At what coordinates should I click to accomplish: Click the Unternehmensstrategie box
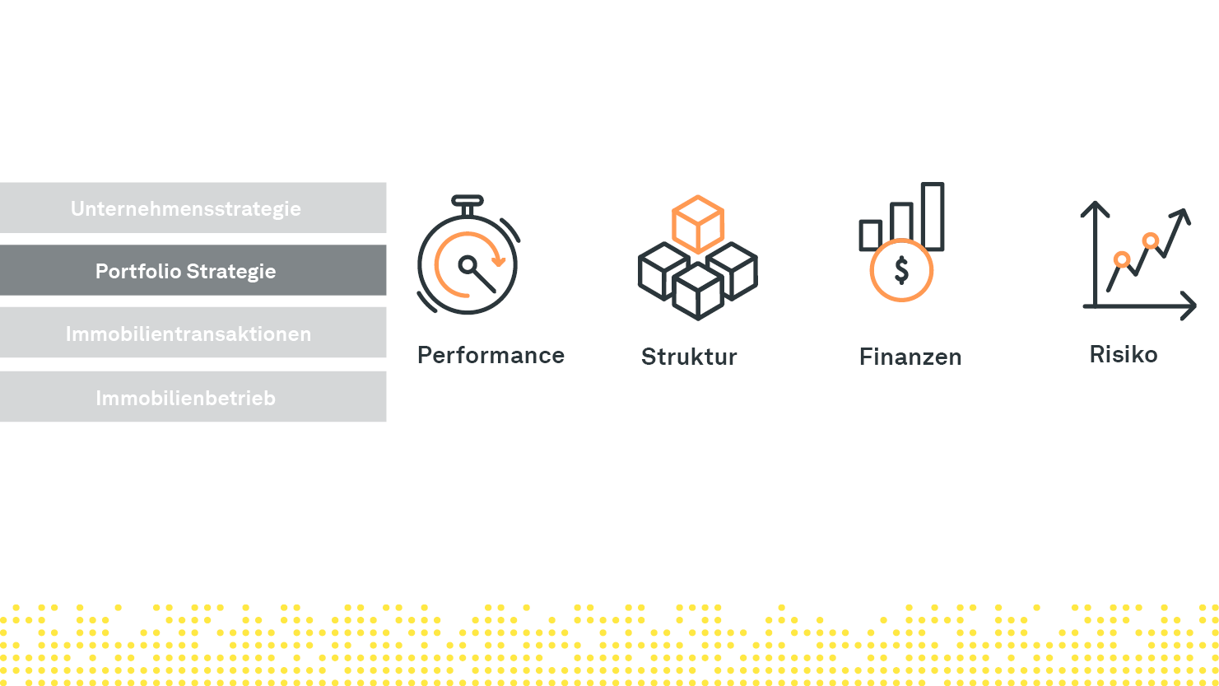193,208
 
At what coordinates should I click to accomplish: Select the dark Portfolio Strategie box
193,270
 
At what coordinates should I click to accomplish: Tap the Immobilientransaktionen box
193,332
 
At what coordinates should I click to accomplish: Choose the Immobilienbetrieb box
193,396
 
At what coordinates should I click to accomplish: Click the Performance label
491,356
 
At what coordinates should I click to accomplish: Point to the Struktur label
689,357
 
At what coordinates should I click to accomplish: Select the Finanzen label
910,357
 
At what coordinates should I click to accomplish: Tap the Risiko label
1124,354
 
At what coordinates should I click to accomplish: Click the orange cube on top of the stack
698,224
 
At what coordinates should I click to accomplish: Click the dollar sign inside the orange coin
902,271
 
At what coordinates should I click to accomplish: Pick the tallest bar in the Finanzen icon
933,216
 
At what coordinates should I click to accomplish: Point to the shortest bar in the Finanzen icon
870,235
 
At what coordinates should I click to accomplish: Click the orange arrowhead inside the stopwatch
499,262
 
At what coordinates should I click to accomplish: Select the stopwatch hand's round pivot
468,265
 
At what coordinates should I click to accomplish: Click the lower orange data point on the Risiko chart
1122,259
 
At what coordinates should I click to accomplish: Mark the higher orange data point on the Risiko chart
1151,240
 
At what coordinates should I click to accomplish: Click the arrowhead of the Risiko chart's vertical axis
1095,210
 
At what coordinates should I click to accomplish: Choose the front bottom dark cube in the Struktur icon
698,291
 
